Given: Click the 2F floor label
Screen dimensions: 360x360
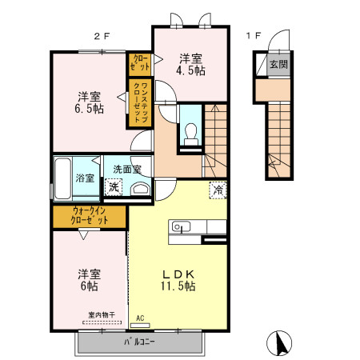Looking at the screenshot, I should click(102, 35).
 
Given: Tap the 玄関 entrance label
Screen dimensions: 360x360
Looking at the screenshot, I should click(278, 65).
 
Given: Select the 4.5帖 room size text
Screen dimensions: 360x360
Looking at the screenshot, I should click(190, 71).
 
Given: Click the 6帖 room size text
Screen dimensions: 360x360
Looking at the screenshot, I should click(88, 285).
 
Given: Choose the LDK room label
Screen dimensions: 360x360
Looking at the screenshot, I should click(178, 272).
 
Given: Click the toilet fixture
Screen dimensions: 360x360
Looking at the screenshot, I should click(190, 134).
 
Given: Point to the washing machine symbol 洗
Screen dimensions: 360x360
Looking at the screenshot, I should click(115, 187).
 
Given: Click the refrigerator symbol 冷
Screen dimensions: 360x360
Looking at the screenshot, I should click(218, 190).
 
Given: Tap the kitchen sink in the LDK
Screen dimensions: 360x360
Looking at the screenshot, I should click(179, 227).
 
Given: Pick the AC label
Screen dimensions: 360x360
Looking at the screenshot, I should click(140, 318).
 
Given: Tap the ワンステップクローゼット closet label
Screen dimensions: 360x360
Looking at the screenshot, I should click(139, 99).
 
